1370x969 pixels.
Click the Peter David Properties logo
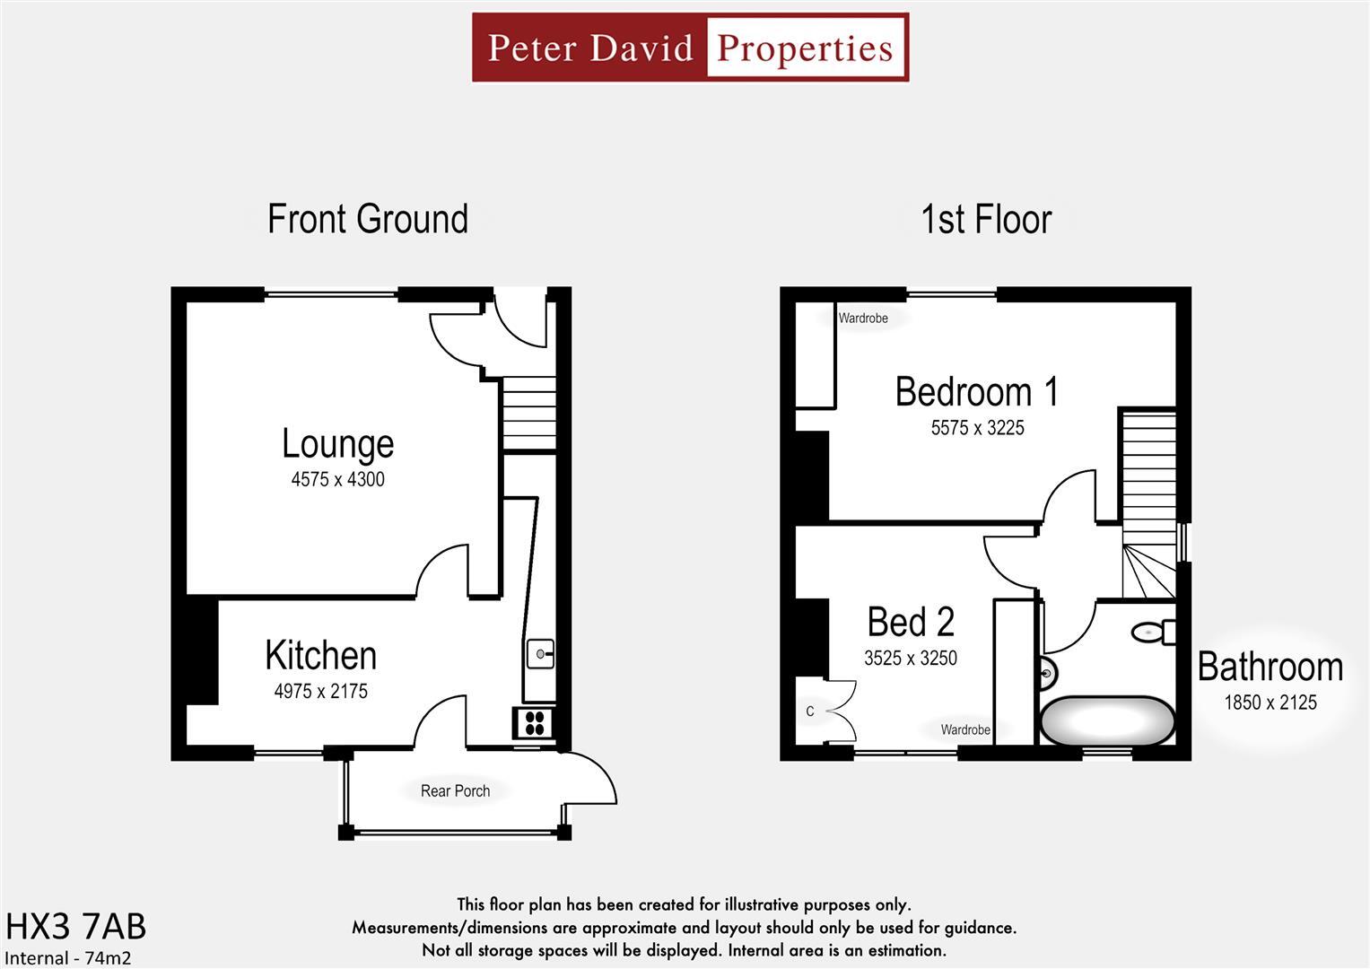point(690,48)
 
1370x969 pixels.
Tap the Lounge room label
point(337,443)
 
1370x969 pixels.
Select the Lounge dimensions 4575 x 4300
point(337,479)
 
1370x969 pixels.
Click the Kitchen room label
point(320,656)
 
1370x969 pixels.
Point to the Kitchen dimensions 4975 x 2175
point(320,691)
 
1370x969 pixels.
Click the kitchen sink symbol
point(540,654)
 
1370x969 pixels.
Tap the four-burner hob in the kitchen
point(534,722)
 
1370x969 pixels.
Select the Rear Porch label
point(455,790)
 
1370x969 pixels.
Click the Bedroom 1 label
point(976,392)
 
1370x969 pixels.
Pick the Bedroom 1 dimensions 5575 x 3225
point(977,428)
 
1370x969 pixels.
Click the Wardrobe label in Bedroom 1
point(862,318)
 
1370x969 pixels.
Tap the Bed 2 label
point(910,622)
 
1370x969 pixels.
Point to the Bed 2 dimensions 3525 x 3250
point(910,658)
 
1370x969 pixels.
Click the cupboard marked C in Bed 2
point(811,711)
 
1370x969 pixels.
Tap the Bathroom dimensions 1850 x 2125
point(1270,703)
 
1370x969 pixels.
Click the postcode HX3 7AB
point(75,926)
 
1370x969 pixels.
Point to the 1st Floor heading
point(985,220)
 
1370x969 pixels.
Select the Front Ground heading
point(368,220)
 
